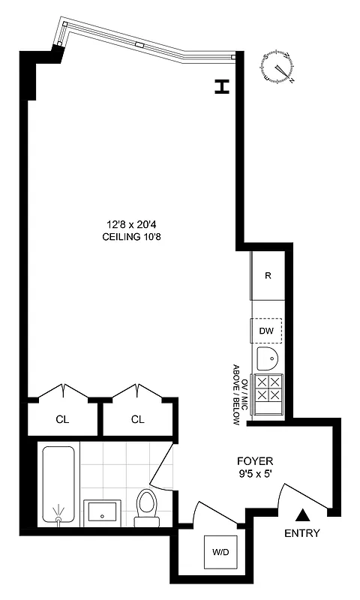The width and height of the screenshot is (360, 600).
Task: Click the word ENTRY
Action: pyautogui.click(x=302, y=534)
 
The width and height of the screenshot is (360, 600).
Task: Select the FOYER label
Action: pyautogui.click(x=255, y=460)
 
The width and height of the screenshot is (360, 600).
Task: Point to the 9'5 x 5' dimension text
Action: pyautogui.click(x=255, y=473)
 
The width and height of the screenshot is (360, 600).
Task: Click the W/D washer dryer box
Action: pyautogui.click(x=220, y=553)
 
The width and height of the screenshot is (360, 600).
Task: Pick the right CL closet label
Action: pyautogui.click(x=137, y=419)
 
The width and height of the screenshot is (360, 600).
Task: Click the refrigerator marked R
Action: pyautogui.click(x=268, y=275)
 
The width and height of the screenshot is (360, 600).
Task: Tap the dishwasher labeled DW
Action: pyautogui.click(x=266, y=331)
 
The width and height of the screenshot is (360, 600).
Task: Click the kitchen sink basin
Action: pyautogui.click(x=267, y=358)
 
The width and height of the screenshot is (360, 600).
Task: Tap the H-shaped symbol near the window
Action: pyautogui.click(x=220, y=87)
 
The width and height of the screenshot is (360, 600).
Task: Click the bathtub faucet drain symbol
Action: pyautogui.click(x=58, y=515)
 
